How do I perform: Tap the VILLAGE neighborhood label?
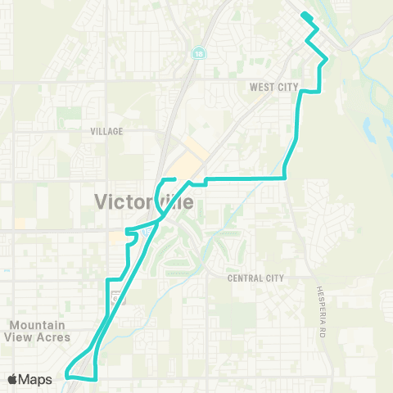coord(107,131)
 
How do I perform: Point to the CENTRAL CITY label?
coord(255,278)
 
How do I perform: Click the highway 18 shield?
coord(199,52)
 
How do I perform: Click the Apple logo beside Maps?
coord(14,379)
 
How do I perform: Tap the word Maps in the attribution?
coord(37,379)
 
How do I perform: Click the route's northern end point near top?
coord(304,15)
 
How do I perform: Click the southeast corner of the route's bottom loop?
coord(97,378)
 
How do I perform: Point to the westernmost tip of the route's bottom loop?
coord(67,376)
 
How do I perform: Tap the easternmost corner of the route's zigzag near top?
coord(326,57)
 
